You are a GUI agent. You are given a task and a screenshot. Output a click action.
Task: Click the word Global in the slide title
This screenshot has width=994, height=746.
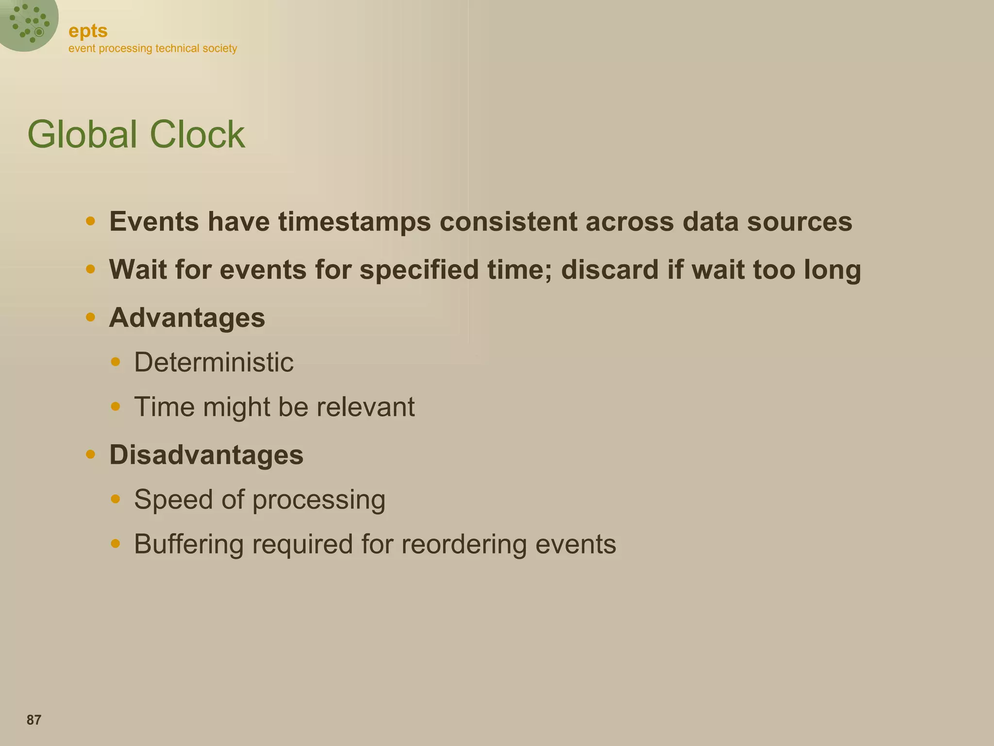pos(82,134)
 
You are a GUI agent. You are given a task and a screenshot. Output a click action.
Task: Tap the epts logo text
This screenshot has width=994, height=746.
pos(88,31)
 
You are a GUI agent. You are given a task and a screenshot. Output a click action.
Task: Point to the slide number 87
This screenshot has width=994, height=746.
pos(34,720)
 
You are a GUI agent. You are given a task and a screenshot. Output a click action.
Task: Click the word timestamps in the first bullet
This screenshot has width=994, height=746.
pos(354,222)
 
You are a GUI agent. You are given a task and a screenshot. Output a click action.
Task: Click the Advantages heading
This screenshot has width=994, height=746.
pos(187,318)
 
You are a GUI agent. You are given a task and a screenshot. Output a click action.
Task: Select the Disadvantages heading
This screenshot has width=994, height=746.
pos(206,455)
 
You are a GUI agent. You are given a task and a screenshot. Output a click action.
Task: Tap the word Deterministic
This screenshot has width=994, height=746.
pos(214,362)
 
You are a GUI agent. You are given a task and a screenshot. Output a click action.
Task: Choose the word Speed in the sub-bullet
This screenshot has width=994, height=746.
pos(173,499)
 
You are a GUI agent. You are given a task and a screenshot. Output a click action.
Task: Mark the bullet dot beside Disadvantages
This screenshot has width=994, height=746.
pos(90,455)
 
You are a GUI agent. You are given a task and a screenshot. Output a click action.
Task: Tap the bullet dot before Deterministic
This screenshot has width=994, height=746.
pos(115,362)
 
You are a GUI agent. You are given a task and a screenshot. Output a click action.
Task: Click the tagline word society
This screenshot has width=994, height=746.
pos(220,49)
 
